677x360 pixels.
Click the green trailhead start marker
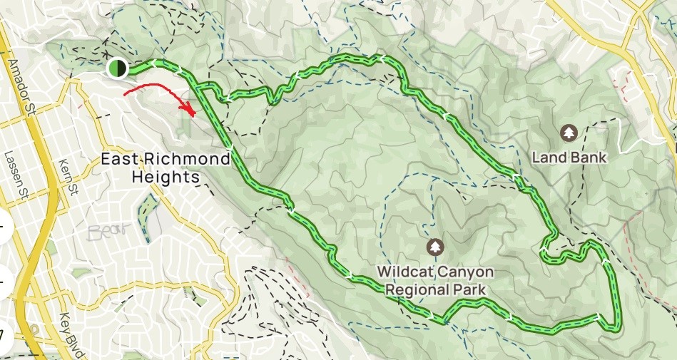[x=117, y=68]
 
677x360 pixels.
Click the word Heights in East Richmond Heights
[x=166, y=177]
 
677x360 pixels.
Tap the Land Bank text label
[x=569, y=158]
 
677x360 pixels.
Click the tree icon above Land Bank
[x=569, y=133]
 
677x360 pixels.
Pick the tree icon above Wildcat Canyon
[x=435, y=247]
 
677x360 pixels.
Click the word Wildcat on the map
[x=406, y=272]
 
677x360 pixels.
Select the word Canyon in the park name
[x=466, y=272]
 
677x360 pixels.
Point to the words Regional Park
[x=435, y=289]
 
